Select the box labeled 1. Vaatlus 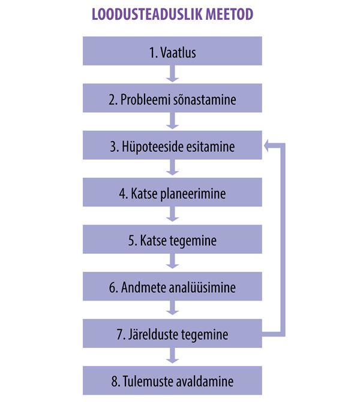point(172,51)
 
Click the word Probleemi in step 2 point(145,100)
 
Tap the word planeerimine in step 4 point(193,194)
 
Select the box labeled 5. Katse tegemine point(172,239)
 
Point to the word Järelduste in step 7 point(154,335)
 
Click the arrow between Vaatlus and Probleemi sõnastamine point(172,74)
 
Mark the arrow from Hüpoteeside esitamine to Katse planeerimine point(172,167)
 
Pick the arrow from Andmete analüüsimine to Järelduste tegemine point(172,308)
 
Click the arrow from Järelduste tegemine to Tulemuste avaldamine point(172,356)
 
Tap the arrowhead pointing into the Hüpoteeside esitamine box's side point(266,146)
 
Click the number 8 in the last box point(115,382)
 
